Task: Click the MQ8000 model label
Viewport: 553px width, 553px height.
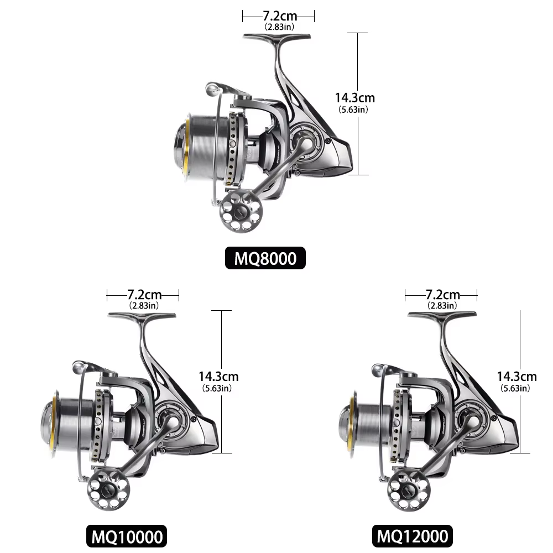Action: [x=265, y=258]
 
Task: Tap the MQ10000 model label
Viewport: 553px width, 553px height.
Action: [x=127, y=536]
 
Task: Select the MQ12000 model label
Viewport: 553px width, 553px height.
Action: [x=413, y=536]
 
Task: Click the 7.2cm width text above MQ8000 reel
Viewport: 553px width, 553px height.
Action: [x=280, y=16]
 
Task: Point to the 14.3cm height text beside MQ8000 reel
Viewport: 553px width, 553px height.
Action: [x=355, y=98]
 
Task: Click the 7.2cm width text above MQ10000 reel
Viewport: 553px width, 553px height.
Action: [x=144, y=295]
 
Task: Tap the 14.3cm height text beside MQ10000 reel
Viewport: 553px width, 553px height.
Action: [x=218, y=376]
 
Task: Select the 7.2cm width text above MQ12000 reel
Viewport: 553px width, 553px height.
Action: [x=442, y=295]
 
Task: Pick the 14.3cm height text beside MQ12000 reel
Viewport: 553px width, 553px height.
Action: [x=517, y=376]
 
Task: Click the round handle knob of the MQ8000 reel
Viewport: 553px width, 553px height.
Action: [x=241, y=212]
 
